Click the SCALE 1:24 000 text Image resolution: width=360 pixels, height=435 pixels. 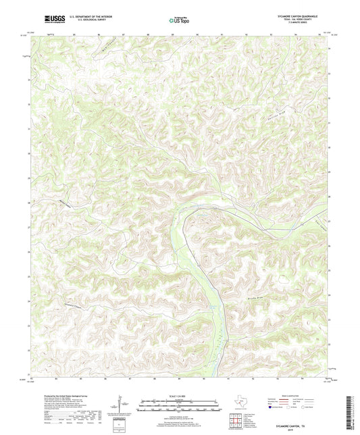[x=180, y=396]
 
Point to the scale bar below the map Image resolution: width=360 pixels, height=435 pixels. [x=180, y=406]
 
